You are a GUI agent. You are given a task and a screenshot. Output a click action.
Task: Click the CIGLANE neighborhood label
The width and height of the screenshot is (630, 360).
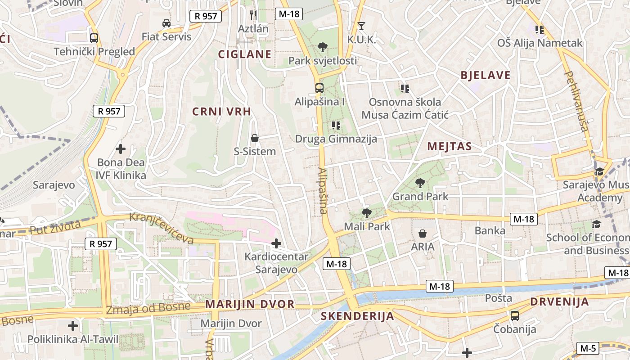245,54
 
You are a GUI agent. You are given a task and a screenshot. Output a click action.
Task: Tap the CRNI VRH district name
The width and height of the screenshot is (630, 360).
221,112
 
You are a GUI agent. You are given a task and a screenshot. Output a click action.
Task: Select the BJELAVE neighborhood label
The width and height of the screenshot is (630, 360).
486,75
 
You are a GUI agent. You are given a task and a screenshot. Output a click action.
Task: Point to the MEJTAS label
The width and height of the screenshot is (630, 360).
450,146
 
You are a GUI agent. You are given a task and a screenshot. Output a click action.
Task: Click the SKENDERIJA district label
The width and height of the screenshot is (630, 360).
357,316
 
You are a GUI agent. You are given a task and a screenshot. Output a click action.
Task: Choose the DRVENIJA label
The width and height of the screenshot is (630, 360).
559,301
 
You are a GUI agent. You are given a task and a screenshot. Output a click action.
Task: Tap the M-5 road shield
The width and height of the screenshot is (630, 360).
588,348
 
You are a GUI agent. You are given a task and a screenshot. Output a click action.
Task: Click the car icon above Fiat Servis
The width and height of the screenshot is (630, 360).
166,23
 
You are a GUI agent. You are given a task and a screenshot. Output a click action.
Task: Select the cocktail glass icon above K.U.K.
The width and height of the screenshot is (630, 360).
361,26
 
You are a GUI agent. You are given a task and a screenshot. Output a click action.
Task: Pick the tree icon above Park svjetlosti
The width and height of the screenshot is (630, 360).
322,47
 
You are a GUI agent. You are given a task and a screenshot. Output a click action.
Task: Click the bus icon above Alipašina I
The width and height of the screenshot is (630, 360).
319,88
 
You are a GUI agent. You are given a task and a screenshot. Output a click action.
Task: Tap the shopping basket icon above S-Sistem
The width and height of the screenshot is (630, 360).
255,138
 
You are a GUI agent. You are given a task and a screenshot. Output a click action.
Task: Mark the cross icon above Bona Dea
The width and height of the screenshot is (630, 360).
121,148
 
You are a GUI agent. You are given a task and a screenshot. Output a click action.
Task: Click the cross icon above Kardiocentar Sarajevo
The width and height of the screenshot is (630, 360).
276,243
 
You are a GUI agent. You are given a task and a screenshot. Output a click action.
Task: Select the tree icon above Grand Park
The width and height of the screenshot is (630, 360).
420,183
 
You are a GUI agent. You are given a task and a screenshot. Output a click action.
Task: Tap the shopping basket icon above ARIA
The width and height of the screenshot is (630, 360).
423,233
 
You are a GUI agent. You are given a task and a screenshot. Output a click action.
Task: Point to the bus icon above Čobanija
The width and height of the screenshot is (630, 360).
515,315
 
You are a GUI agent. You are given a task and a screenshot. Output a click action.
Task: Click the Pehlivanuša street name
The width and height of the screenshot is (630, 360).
576,101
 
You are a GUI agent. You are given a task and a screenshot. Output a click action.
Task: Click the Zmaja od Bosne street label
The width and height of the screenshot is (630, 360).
148,309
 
